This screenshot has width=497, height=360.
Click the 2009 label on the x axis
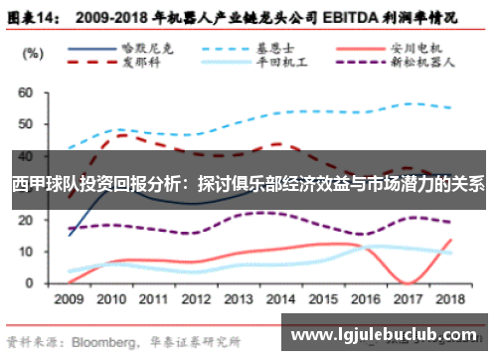[x=69, y=298]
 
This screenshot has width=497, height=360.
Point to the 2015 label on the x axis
[x=324, y=298]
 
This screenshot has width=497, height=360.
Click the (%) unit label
[x=35, y=52]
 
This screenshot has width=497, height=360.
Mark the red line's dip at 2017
[x=409, y=282]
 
